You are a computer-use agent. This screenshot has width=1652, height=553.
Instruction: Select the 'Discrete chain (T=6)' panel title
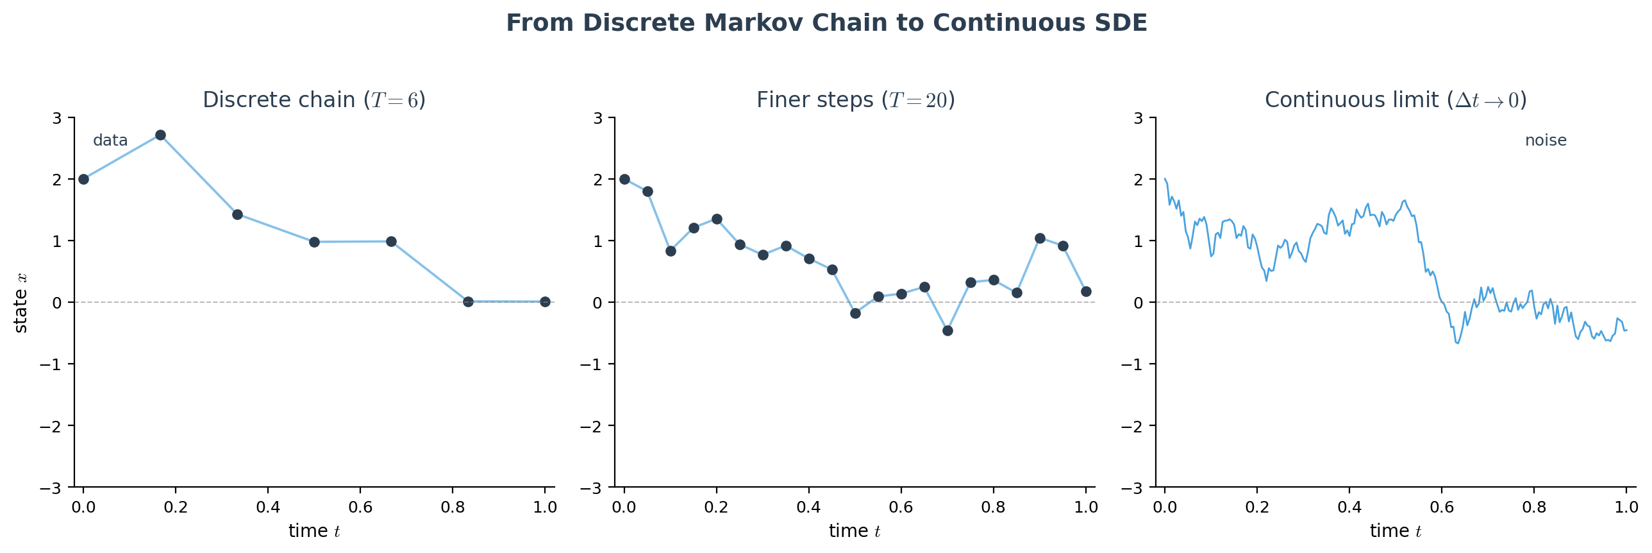pyautogui.click(x=314, y=100)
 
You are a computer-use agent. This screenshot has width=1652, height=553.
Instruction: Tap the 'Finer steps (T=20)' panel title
pyautogui.click(x=856, y=100)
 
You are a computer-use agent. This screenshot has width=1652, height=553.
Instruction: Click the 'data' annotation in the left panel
pyautogui.click(x=110, y=140)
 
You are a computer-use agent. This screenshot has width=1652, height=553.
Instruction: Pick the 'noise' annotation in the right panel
pyautogui.click(x=1546, y=140)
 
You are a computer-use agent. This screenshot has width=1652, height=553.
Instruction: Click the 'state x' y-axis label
pyautogui.click(x=21, y=302)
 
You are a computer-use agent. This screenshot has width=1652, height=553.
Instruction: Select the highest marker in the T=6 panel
pyautogui.click(x=160, y=135)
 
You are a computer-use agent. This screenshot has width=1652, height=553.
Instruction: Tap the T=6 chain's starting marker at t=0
pyautogui.click(x=83, y=179)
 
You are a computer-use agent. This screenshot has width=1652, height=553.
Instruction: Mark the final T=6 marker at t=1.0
pyautogui.click(x=545, y=302)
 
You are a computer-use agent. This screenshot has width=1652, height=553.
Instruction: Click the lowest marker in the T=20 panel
pyautogui.click(x=948, y=330)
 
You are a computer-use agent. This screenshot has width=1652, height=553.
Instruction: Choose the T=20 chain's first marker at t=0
pyautogui.click(x=624, y=179)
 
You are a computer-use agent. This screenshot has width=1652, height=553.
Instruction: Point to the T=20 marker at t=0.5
pyautogui.click(x=856, y=313)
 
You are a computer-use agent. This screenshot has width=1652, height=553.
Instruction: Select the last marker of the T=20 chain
pyautogui.click(x=1087, y=291)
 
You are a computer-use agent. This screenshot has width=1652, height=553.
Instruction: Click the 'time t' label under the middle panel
pyautogui.click(x=855, y=531)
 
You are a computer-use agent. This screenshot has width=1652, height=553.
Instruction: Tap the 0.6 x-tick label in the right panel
pyautogui.click(x=1442, y=507)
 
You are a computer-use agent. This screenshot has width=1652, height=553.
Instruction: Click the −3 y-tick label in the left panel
pyautogui.click(x=51, y=488)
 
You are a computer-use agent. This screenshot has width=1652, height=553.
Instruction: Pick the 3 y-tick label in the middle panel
pyautogui.click(x=597, y=118)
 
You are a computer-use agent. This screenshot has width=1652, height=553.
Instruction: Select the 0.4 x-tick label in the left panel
pyautogui.click(x=268, y=507)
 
